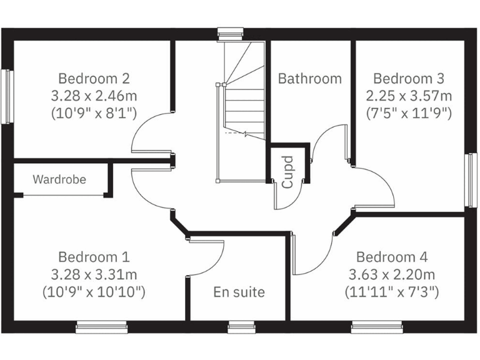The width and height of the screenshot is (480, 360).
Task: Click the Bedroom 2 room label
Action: point(94,79)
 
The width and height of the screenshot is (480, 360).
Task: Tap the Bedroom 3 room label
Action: point(408,79)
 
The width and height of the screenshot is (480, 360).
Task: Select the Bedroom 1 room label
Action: point(94,257)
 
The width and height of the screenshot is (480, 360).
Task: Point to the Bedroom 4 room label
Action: point(392,257)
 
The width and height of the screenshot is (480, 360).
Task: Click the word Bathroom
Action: point(310,79)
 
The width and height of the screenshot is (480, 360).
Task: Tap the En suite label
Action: point(239,292)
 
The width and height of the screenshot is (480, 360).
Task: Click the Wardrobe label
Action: point(59,180)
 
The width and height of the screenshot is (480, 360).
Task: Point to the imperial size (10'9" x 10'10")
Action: point(94,291)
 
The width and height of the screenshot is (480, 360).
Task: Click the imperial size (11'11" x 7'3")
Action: point(392,291)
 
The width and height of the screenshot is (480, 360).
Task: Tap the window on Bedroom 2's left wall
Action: point(7,96)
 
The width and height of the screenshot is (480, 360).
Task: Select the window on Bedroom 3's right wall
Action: point(470,180)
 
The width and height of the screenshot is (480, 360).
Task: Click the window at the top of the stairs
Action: point(230,34)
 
